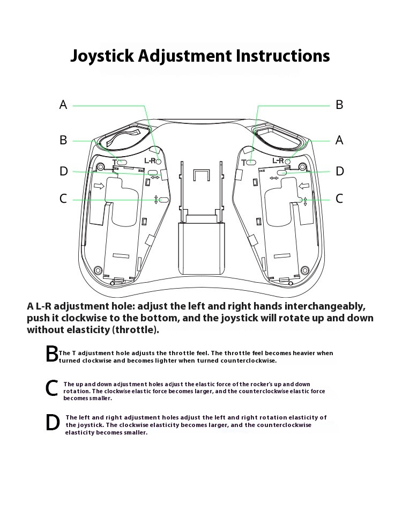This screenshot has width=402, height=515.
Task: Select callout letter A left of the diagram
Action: tap(63, 105)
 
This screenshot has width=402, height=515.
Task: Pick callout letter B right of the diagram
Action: tap(339, 105)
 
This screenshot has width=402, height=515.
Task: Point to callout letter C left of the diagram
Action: tap(63, 199)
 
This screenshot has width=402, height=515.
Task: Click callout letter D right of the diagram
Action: tap(339, 171)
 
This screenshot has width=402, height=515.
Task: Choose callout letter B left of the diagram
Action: tap(63, 141)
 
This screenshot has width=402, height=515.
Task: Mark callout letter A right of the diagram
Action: tap(339, 141)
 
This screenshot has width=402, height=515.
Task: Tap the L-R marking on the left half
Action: tap(150, 160)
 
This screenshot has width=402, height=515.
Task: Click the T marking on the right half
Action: tap(244, 161)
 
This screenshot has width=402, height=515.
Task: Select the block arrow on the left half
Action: tap(99, 186)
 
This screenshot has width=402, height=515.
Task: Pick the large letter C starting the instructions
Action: tap(51, 388)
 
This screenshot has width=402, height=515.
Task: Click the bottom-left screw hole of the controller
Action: tap(97, 269)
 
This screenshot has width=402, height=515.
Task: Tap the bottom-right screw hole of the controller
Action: tap(305, 269)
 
